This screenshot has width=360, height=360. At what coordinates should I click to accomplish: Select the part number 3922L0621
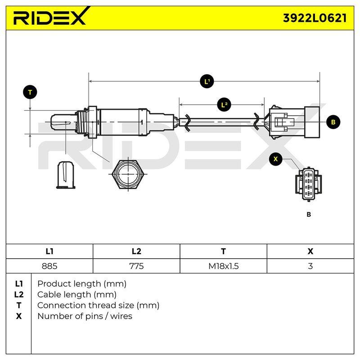click(x=315, y=18)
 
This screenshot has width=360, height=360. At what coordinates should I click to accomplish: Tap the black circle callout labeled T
click(x=30, y=93)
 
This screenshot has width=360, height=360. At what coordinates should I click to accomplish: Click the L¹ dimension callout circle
click(x=207, y=81)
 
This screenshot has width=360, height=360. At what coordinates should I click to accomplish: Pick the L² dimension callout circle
click(x=224, y=105)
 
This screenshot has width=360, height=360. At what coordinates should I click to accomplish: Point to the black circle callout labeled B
click(x=333, y=122)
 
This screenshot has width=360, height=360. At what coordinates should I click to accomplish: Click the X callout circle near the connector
click(x=275, y=159)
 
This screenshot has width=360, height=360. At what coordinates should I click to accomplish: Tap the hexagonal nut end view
click(x=128, y=174)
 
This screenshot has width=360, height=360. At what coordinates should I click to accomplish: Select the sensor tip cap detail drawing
click(x=66, y=175)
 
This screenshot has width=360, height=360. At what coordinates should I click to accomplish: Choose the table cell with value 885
click(x=49, y=266)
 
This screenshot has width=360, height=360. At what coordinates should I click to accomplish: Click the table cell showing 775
click(x=136, y=266)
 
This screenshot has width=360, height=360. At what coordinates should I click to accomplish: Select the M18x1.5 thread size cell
click(x=223, y=266)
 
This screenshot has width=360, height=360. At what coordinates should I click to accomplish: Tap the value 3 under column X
click(x=310, y=266)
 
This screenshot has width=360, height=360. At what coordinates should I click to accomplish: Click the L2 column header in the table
click(x=136, y=252)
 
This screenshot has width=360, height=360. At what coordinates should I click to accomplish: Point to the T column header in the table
click(x=223, y=252)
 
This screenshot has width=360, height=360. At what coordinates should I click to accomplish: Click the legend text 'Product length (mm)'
click(x=82, y=284)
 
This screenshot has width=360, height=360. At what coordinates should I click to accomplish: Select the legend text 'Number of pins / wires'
click(x=85, y=316)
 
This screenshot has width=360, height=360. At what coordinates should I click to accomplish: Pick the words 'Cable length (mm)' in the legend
click(x=76, y=295)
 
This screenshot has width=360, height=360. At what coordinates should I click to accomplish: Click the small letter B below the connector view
click(x=309, y=215)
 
